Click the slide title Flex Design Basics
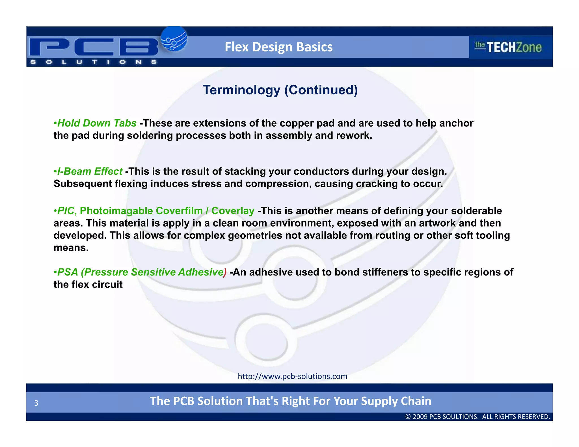point(278,47)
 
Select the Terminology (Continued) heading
point(280,90)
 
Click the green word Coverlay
point(233,211)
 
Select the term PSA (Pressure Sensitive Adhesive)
point(140,272)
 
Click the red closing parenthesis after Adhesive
point(225,272)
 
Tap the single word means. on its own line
point(71,248)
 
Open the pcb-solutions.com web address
point(292,376)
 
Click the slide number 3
point(36,403)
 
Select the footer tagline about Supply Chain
point(290,401)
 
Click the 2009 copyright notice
point(477,417)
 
